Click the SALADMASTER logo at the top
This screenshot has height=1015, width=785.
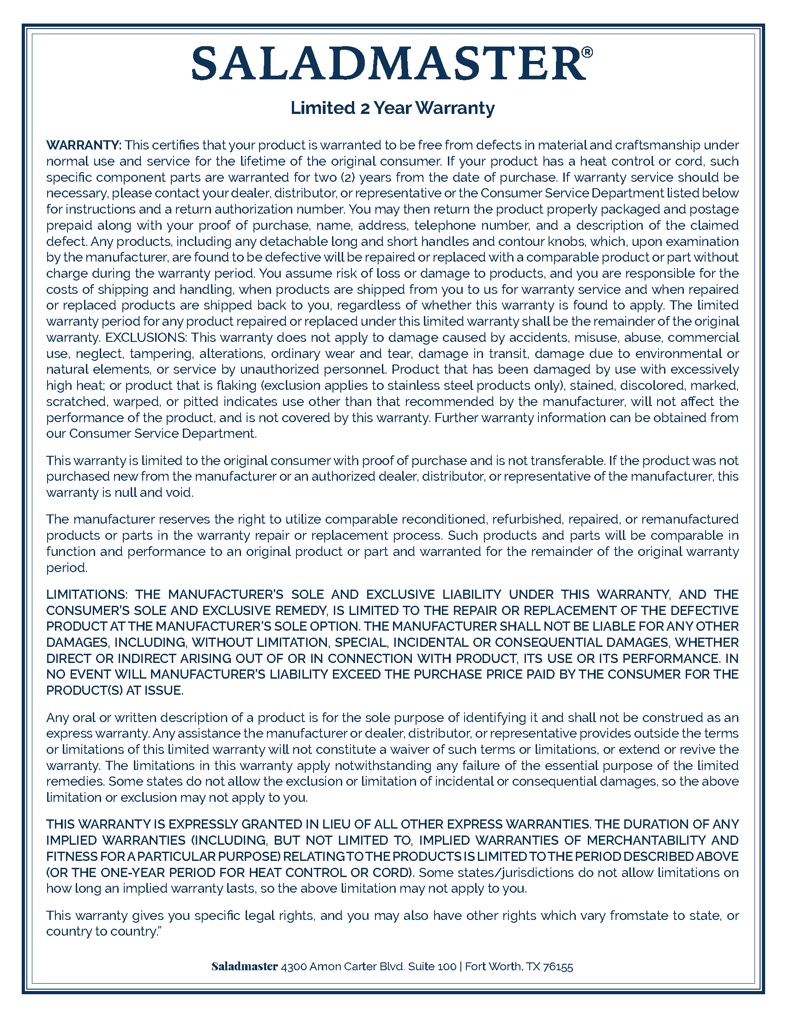pyautogui.click(x=388, y=63)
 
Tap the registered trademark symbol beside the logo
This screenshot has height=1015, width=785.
pyautogui.click(x=587, y=52)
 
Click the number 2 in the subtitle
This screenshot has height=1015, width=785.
pyautogui.click(x=365, y=108)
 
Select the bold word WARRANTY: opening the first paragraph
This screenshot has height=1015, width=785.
pyautogui.click(x=84, y=145)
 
